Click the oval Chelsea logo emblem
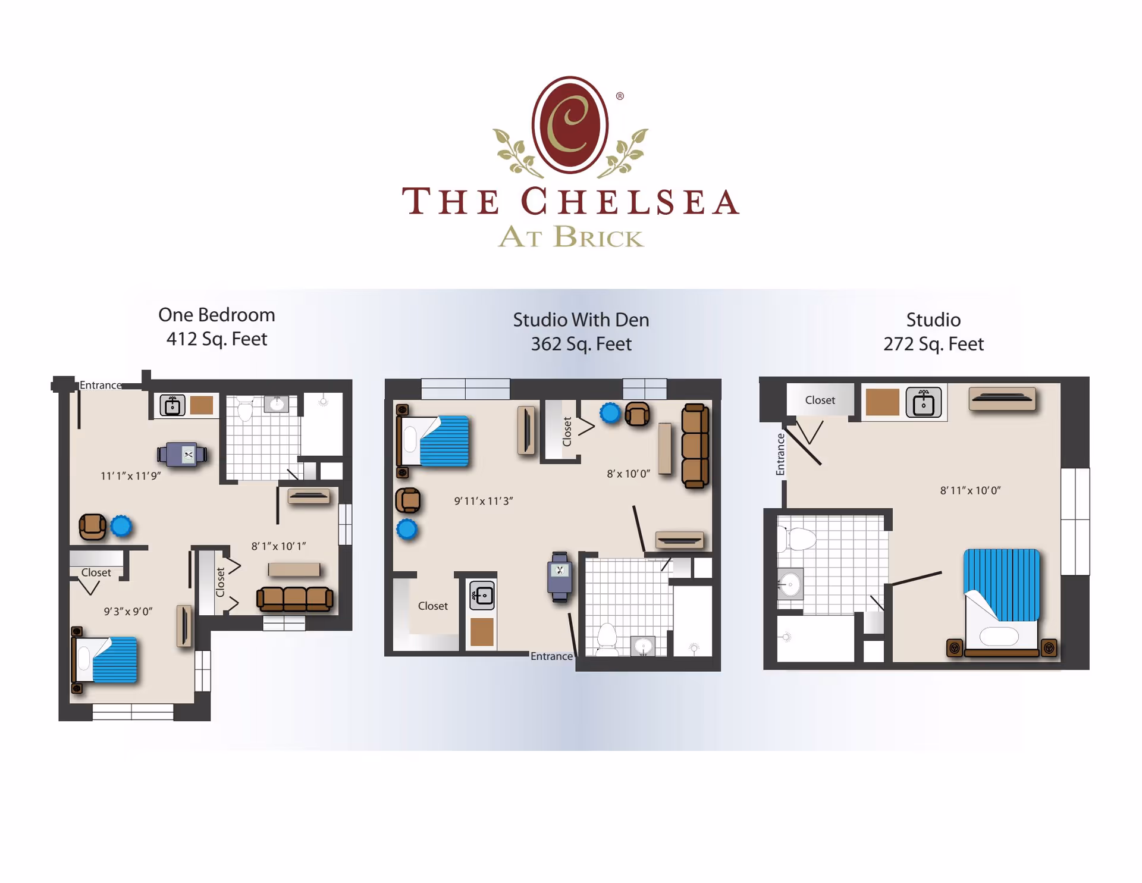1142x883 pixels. tap(570, 125)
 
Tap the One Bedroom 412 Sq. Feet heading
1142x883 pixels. tap(217, 327)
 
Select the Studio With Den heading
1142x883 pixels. tap(581, 320)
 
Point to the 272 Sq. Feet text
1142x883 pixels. tap(933, 344)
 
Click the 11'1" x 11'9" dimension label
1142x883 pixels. tap(131, 476)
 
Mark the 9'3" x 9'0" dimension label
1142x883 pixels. tap(128, 612)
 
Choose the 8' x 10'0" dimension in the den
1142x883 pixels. tap(628, 474)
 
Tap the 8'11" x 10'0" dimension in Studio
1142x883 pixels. tap(970, 491)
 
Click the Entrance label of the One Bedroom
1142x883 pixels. tap(101, 386)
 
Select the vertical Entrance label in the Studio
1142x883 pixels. tap(780, 455)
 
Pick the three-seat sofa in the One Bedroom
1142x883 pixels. tap(294, 599)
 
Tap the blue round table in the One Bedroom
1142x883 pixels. tap(121, 527)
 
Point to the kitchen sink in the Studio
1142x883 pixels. tap(923, 403)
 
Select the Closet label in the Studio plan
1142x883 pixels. tap(820, 400)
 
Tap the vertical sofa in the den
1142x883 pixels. tap(695, 446)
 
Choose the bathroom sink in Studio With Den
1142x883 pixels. tap(643, 646)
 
